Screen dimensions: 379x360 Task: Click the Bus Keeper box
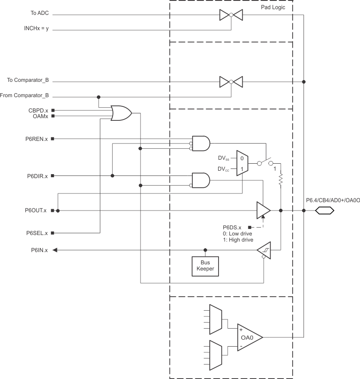click(205, 265)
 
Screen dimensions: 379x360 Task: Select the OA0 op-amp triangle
click(249, 338)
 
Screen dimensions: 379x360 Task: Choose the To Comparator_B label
click(28, 81)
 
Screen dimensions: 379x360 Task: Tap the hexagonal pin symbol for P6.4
click(325, 211)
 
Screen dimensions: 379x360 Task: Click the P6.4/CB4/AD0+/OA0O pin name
click(333, 201)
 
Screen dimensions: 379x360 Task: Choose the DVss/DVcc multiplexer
click(242, 163)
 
